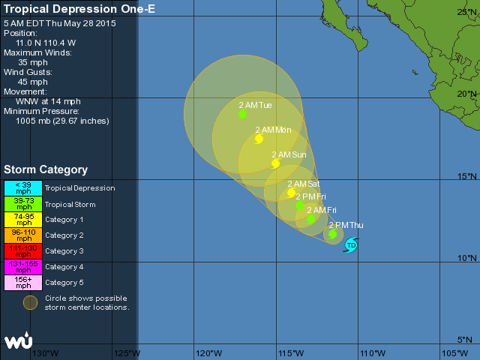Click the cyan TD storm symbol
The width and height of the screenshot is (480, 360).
pos(351,244)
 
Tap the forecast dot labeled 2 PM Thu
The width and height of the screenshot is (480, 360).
pos(332,235)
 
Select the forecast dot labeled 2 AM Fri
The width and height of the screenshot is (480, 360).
pos(310,219)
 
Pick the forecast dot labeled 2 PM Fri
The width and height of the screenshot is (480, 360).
pos(299,205)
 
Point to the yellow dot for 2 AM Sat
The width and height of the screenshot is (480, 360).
pos(291,193)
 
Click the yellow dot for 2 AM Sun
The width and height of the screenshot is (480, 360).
pos(275,163)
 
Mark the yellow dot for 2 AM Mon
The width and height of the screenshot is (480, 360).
pos(259,139)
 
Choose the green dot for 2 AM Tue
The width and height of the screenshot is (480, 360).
pos(242,114)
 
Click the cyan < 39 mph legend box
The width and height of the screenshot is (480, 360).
pos(22,188)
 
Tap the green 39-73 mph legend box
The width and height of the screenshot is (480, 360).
pos(22,204)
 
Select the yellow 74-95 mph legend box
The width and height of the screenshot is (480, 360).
pos(22,220)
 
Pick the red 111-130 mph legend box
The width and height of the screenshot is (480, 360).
pos(22,250)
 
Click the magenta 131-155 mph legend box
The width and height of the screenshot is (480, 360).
pos(22,266)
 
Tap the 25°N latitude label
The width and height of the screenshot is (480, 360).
pos(467,12)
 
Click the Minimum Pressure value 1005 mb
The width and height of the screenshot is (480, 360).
pos(62,121)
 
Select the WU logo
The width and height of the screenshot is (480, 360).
pos(18,340)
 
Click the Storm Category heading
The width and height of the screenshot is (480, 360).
pos(46,170)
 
